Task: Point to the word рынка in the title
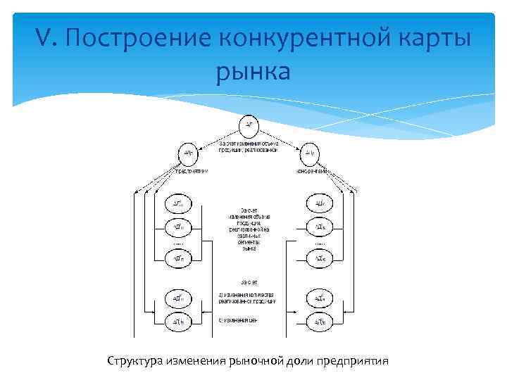pyautogui.click(x=254, y=71)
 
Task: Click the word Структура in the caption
pyautogui.click(x=135, y=361)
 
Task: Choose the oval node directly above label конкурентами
pyautogui.click(x=310, y=152)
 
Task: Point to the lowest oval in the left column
pyautogui.click(x=179, y=322)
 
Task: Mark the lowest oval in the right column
pyautogui.click(x=318, y=322)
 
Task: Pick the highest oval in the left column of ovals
pyautogui.click(x=179, y=204)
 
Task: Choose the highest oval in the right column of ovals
pyautogui.click(x=318, y=204)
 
